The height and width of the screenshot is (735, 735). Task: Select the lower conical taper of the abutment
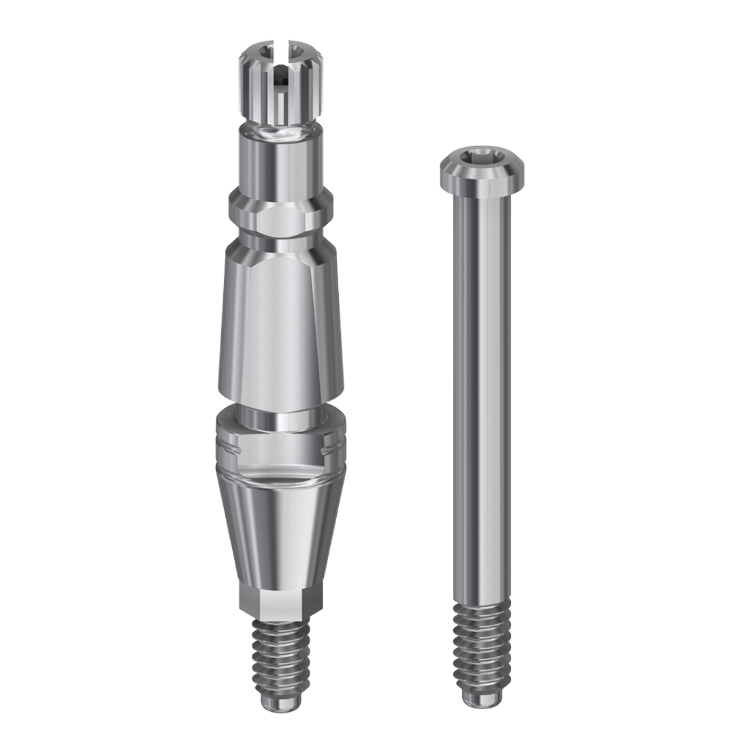tap(280, 538)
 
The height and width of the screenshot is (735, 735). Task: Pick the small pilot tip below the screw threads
tap(483, 697)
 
